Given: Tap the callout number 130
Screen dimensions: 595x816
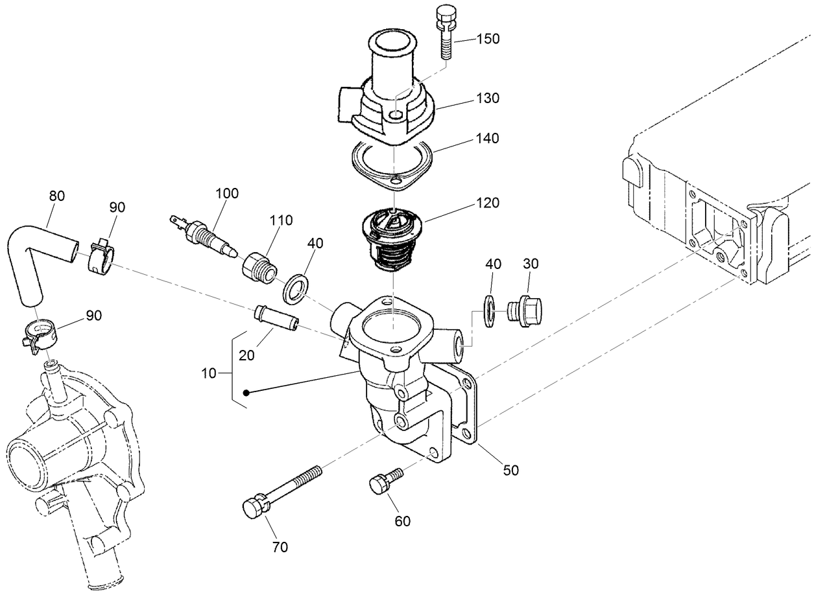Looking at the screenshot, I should point(487,99).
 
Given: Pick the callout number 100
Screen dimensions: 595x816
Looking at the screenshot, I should point(227,193).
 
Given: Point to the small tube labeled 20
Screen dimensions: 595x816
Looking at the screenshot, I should point(276,317).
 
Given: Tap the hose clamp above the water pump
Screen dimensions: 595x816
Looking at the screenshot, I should point(40,336).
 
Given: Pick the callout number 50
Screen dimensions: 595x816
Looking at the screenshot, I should point(511,471).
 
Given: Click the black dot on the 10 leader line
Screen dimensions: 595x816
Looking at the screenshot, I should point(246,393).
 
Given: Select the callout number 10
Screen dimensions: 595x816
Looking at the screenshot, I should point(210,374).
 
